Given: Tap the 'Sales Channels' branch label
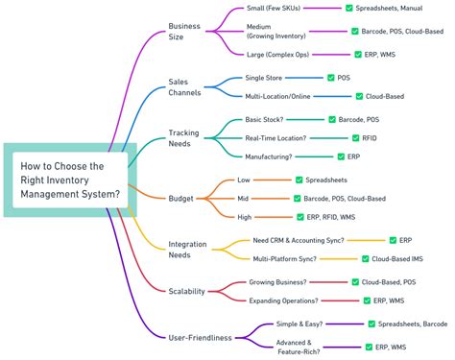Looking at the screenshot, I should click(186, 87).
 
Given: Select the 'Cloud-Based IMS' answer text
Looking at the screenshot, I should click(397, 258).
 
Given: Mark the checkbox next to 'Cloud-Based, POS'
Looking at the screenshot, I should click(354, 282).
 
